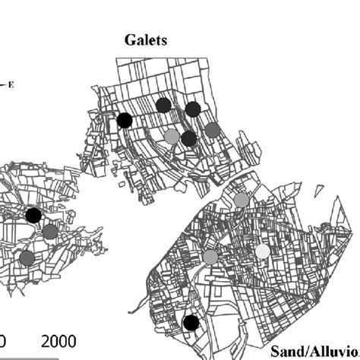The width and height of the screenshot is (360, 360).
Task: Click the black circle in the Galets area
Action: coord(125,120)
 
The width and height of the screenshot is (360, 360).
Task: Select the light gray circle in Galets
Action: coord(172,136)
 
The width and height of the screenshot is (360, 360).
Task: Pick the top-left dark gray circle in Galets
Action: coord(163,106)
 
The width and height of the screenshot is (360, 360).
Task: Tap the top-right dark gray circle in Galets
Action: coord(193,109)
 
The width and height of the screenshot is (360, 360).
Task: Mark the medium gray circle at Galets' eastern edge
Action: coord(212,129)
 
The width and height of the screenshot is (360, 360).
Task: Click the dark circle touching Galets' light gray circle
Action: coord(189,137)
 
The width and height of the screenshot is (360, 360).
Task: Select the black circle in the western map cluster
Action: coord(33,216)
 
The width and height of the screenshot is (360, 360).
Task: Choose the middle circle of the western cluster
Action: coord(49,232)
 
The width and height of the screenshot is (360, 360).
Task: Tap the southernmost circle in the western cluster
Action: coord(27,258)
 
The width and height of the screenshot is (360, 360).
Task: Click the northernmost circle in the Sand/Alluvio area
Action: coord(241,200)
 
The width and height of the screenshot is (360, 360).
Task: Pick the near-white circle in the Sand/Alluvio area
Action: coord(262,251)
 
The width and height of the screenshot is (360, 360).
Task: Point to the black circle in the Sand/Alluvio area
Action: coord(191,323)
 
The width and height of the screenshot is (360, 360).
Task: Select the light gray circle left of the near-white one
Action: coord(210,257)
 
